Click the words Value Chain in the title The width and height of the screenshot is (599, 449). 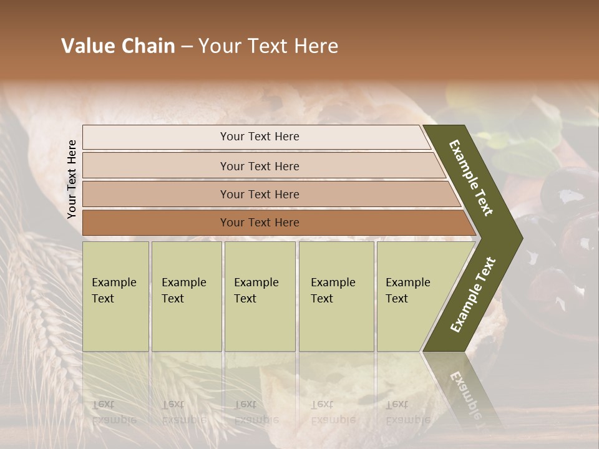click(x=118, y=46)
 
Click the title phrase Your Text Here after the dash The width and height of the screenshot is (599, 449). click(x=268, y=46)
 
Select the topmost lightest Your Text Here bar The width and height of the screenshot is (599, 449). click(x=259, y=137)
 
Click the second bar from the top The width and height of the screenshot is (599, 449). click(x=259, y=166)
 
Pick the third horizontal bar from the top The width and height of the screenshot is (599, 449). click(x=259, y=194)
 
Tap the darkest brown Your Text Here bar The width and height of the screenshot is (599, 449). click(x=259, y=223)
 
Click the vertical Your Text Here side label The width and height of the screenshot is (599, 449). click(x=72, y=180)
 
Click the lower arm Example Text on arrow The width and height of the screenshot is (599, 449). click(x=473, y=294)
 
